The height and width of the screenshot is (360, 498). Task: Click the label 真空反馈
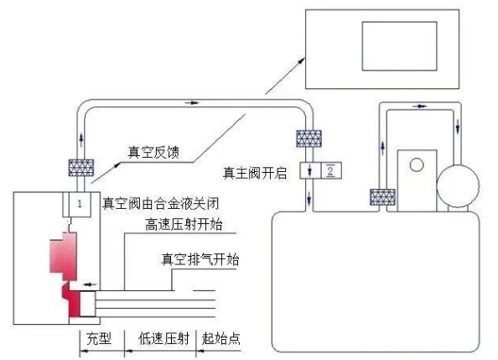click(x=153, y=152)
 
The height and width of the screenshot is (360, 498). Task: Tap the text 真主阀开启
click(x=255, y=173)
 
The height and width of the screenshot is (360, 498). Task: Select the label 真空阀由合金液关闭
click(x=161, y=204)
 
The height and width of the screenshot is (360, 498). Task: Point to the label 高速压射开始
click(x=184, y=224)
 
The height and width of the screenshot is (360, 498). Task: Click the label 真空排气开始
click(x=200, y=259)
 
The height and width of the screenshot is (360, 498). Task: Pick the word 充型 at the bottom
click(x=99, y=338)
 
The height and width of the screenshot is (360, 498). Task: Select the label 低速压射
click(x=163, y=338)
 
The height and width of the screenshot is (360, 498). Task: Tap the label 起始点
click(x=221, y=338)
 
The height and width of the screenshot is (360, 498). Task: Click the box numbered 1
click(x=80, y=205)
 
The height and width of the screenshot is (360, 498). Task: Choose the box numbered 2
click(x=331, y=171)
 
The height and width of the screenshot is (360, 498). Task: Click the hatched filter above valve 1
click(x=81, y=168)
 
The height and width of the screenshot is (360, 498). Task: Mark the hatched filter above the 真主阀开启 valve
click(x=309, y=138)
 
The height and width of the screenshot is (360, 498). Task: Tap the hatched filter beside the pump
click(x=382, y=197)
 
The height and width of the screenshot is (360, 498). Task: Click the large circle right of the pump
click(x=458, y=185)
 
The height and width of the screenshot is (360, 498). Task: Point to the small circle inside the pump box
click(x=417, y=165)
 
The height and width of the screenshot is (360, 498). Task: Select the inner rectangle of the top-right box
click(x=400, y=46)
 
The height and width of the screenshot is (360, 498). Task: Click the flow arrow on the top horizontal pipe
click(x=192, y=102)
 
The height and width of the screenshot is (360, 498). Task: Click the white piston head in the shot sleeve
click(x=88, y=304)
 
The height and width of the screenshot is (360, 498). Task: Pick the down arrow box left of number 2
click(x=310, y=171)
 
